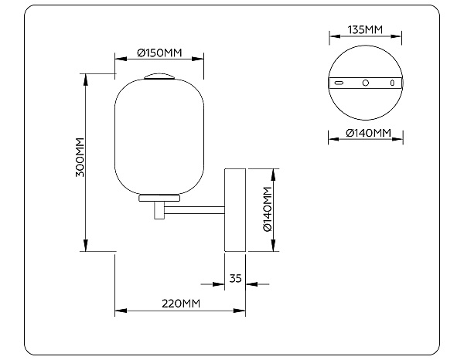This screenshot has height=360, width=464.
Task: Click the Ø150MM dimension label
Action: pyautogui.click(x=159, y=53)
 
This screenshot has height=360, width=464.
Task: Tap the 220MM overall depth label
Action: pyautogui.click(x=180, y=303)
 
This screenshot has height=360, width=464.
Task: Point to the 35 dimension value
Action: pyautogui.click(x=236, y=278)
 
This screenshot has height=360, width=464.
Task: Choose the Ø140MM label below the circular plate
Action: pyautogui.click(x=366, y=133)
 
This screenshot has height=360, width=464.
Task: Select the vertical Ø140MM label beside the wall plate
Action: pyautogui.click(x=267, y=209)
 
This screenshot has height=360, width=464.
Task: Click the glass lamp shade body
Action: pyautogui.click(x=159, y=135)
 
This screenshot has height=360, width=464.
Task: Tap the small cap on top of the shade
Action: pyautogui.click(x=159, y=76)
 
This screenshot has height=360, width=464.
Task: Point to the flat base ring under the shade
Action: pyautogui.click(x=159, y=198)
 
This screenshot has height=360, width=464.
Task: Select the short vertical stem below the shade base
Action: pyautogui.click(x=159, y=210)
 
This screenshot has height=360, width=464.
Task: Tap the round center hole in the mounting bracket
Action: pyautogui.click(x=366, y=83)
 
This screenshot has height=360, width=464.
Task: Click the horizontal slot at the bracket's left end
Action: pyautogui.click(x=339, y=83)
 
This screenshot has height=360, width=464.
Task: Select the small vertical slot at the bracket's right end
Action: pyautogui.click(x=392, y=83)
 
